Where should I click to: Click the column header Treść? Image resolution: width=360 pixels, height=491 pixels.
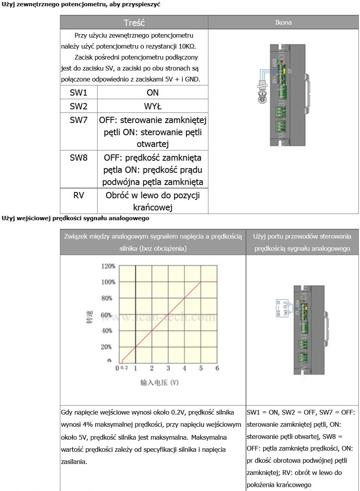tap(134, 22)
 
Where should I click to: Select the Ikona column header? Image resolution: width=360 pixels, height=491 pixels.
tap(283, 22)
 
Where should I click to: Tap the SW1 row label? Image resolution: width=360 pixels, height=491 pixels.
tap(78, 93)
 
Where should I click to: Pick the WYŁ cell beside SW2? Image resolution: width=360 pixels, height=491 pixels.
tap(152, 106)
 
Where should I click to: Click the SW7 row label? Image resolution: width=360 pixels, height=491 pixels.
tap(78, 120)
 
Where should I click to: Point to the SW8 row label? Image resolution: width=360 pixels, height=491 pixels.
tap(78, 158)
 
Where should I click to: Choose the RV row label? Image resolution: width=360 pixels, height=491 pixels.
tap(78, 195)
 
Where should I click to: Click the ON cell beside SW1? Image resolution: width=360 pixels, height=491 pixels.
tap(152, 93)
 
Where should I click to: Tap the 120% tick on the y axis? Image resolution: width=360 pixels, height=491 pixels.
tap(108, 266)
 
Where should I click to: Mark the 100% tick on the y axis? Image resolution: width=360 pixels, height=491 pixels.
tap(108, 282)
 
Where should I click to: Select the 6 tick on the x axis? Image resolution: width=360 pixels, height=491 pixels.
tap(217, 368)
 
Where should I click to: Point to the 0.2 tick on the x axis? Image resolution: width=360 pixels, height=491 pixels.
tap(124, 368)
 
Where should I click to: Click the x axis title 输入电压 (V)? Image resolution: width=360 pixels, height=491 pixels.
tap(159, 382)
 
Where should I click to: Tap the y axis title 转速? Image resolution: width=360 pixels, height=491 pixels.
tap(89, 319)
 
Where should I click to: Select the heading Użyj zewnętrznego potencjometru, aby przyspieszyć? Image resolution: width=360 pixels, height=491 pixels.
tap(81, 5)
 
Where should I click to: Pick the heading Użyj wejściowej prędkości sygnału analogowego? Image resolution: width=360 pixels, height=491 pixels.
tap(75, 218)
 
